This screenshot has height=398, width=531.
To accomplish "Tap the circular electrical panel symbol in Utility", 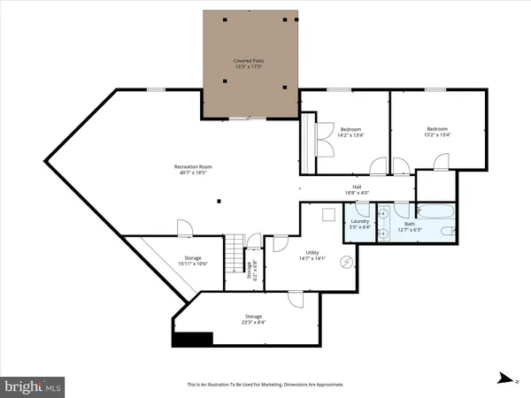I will tap(347, 260).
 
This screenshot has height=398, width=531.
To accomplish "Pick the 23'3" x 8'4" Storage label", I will tap(253, 319).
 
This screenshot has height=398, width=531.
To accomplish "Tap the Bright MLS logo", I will tap(33, 386).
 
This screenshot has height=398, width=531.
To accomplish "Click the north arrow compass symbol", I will tap(504, 378).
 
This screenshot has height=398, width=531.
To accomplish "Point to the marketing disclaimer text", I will tap(265, 386).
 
